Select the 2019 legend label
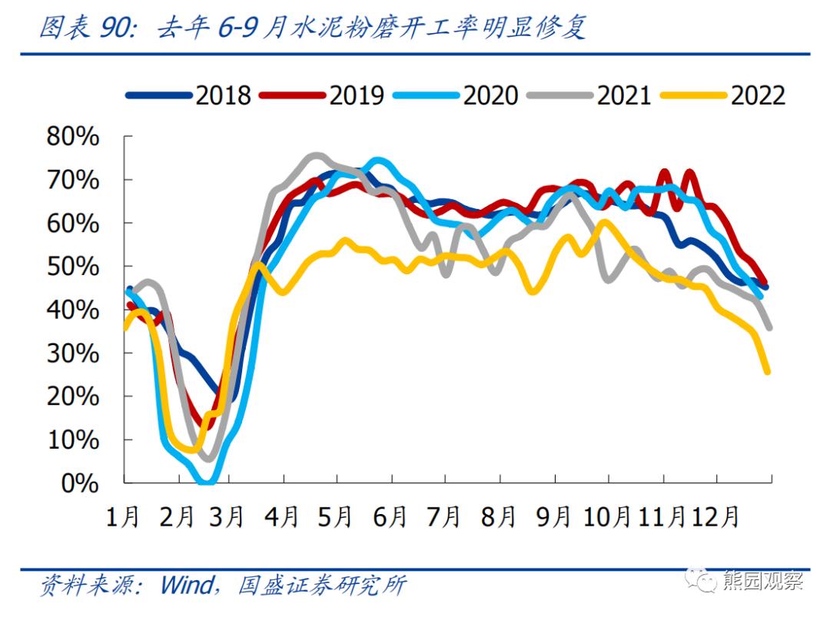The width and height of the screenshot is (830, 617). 357,95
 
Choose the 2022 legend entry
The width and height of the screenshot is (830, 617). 758,95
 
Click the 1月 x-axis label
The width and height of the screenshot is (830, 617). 123,516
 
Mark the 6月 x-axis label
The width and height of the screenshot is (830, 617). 390,516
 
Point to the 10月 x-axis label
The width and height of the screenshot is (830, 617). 608,516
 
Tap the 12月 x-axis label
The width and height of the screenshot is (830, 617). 715,516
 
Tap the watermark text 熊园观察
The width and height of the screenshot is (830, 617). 762,581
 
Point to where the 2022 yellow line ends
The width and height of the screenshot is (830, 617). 767,372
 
